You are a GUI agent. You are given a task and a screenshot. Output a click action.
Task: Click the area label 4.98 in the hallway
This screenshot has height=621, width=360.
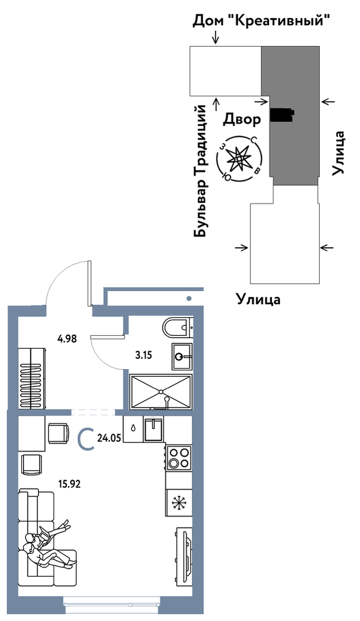[67, 339]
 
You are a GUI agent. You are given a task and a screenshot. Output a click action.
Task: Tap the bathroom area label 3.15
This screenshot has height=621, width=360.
[143, 355]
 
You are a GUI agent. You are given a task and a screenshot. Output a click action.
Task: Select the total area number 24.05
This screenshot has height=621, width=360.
[109, 438]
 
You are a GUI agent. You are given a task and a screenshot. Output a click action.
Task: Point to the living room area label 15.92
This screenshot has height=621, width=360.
[69, 484]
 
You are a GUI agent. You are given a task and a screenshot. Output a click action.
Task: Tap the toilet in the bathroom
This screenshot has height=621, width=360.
[177, 327]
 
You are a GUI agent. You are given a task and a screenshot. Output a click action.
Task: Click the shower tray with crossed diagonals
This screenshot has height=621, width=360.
[161, 391]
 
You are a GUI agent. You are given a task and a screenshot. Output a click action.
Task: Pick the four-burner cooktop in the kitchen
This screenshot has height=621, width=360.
[179, 457]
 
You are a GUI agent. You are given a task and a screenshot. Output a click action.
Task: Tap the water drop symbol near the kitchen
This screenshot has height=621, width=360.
[133, 429]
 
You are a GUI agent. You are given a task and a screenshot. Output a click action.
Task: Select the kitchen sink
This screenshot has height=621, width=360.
[154, 429]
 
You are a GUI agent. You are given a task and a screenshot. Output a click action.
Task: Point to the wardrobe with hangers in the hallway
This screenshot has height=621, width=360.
[33, 377]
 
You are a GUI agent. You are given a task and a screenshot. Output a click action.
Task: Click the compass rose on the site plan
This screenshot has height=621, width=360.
[239, 157]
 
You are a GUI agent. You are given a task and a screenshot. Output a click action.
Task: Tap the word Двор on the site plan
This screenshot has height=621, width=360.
[241, 119]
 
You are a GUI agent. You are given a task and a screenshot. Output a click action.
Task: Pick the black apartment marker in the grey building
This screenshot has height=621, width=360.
[282, 115]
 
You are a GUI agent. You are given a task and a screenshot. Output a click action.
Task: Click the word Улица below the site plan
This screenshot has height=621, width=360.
[258, 300]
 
